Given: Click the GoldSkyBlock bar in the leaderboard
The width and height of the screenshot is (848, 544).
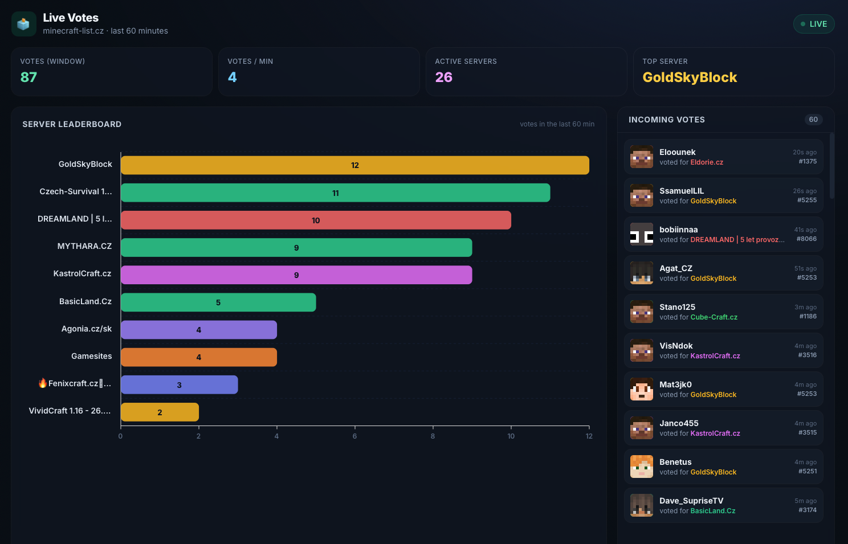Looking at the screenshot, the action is [x=354, y=165].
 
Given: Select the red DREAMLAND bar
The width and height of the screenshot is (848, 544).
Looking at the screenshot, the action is [x=316, y=220].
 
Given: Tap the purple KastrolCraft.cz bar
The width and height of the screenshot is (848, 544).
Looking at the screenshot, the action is [x=296, y=275].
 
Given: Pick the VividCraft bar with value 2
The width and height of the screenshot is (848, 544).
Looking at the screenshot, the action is [x=160, y=412].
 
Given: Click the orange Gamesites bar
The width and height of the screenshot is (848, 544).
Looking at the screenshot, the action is [x=199, y=357].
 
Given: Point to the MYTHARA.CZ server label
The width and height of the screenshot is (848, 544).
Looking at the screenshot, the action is [x=84, y=246].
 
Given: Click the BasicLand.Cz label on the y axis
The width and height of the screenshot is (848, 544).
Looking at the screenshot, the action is [x=85, y=301].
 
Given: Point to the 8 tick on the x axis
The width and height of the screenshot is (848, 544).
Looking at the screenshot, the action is [x=433, y=436].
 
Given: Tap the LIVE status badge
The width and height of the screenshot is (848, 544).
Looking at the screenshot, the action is [x=814, y=24].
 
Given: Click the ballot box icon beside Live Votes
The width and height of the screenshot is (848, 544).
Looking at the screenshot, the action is [x=23, y=24].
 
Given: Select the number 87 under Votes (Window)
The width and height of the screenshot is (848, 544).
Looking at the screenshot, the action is [x=28, y=77].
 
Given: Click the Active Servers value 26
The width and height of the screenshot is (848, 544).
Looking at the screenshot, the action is [x=444, y=77].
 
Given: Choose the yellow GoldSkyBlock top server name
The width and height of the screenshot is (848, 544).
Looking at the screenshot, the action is [x=690, y=77].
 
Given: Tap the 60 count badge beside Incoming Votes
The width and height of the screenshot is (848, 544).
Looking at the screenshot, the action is [x=814, y=120].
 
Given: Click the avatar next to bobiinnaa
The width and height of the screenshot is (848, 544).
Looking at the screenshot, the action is [x=641, y=234].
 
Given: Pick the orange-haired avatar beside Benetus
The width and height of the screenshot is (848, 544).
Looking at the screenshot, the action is [x=641, y=467].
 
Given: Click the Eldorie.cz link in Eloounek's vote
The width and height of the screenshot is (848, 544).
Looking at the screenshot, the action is [x=707, y=162].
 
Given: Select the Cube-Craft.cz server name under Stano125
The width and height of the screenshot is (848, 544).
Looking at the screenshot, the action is [x=714, y=317].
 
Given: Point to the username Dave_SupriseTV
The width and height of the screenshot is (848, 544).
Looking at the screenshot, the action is [x=691, y=501].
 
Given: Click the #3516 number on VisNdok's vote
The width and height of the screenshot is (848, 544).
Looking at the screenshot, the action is [x=807, y=355].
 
